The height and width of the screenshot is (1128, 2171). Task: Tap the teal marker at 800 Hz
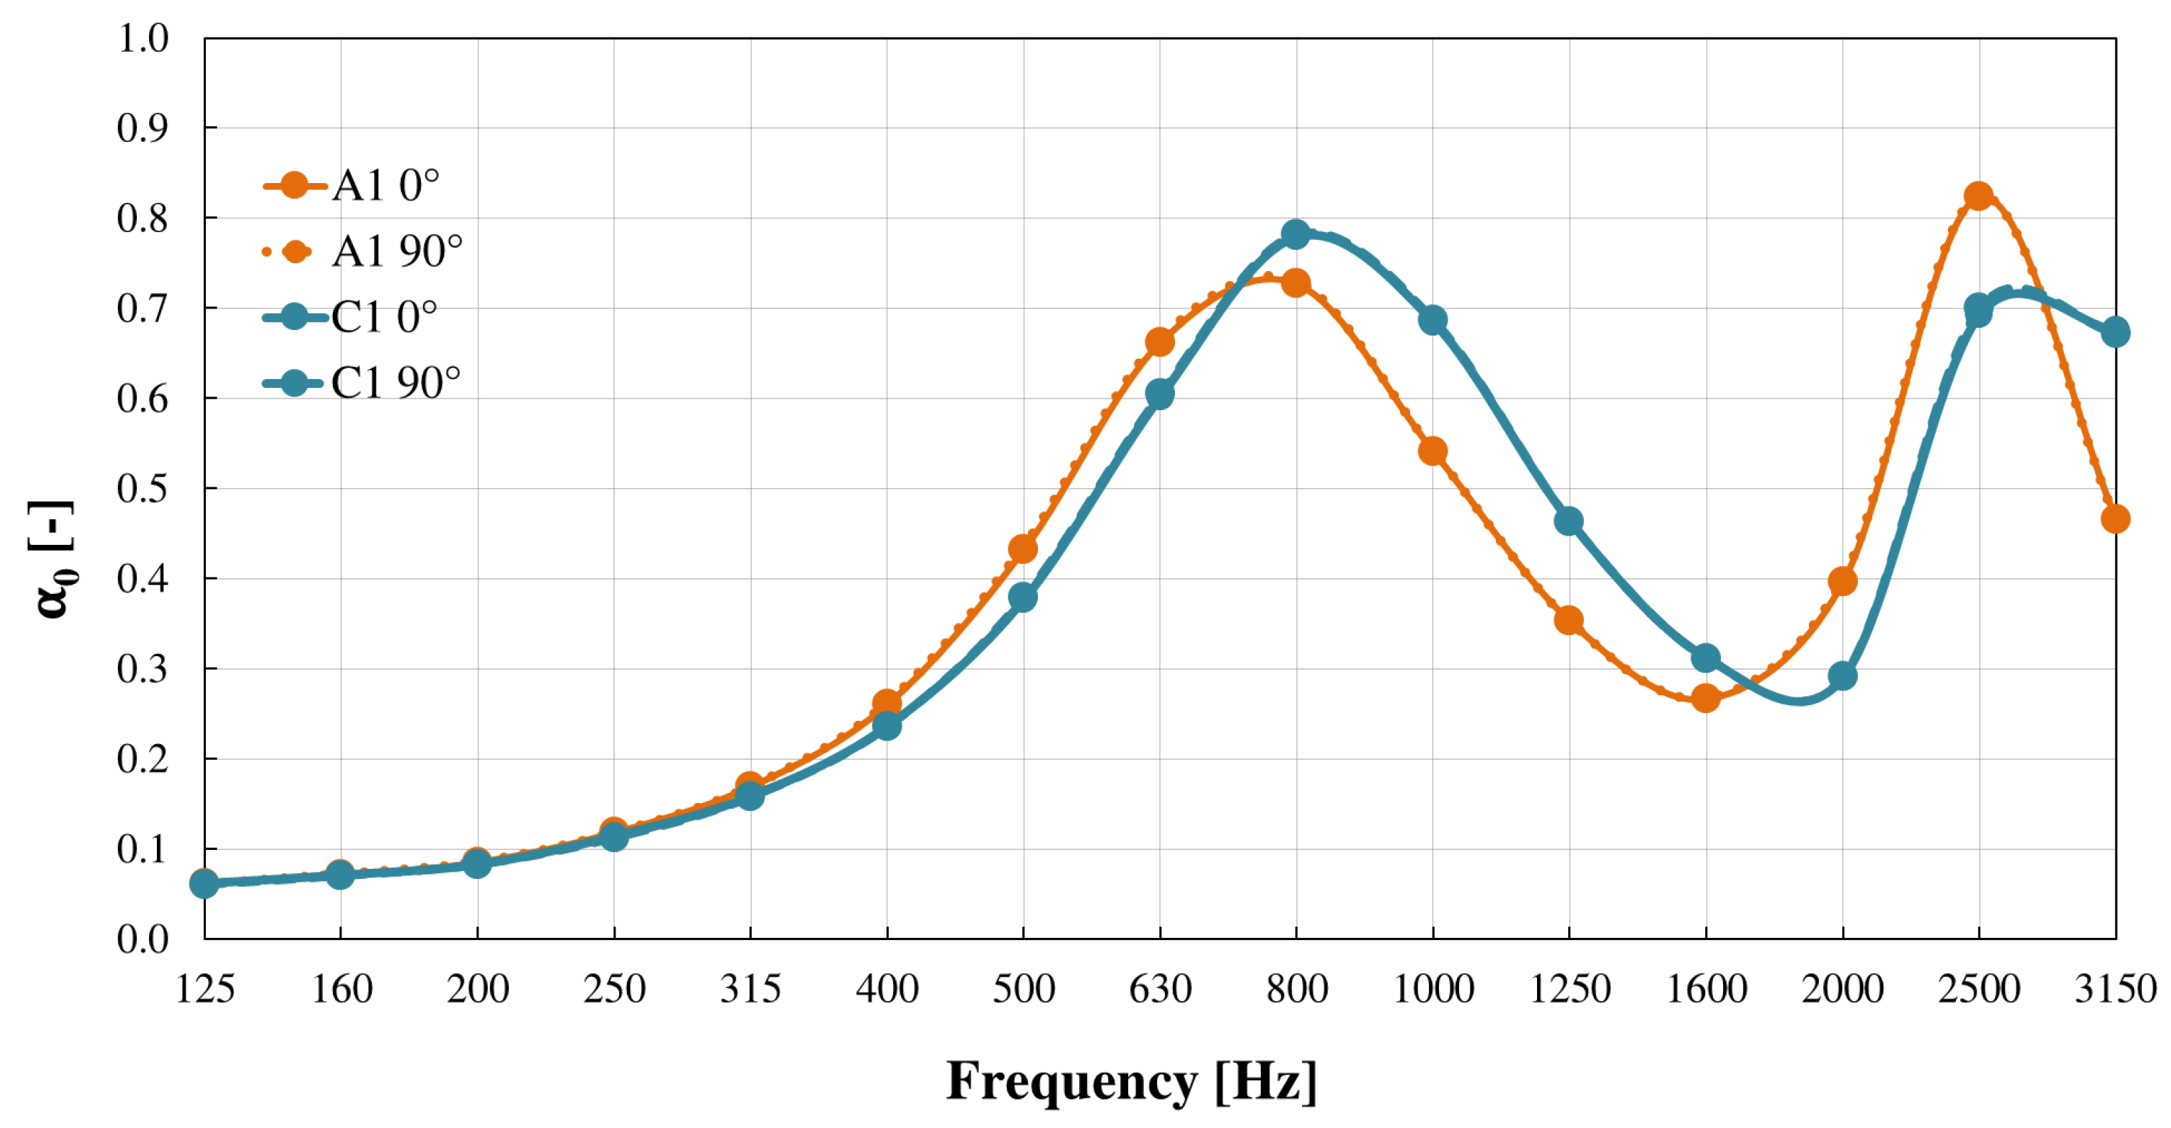[x=1296, y=233]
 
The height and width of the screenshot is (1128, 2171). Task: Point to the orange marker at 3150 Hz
[x=2114, y=519]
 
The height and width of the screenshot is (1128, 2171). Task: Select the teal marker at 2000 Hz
[x=1842, y=675]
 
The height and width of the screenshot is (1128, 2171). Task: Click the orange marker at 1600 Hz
[x=1706, y=697]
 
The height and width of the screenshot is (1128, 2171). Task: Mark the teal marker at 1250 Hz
[x=1568, y=521]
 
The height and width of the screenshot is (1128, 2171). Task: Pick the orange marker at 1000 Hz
[x=1433, y=451]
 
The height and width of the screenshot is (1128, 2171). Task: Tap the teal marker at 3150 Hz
[x=2114, y=332]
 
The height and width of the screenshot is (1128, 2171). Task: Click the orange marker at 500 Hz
[x=1022, y=549]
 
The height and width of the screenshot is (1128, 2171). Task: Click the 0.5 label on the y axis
[x=143, y=489]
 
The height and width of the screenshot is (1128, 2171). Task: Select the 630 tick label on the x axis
[x=1161, y=989]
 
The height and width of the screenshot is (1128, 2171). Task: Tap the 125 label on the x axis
[x=204, y=989]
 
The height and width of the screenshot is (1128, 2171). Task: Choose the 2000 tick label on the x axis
[x=1842, y=989]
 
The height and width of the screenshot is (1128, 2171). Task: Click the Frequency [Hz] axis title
[x=1131, y=1082]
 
